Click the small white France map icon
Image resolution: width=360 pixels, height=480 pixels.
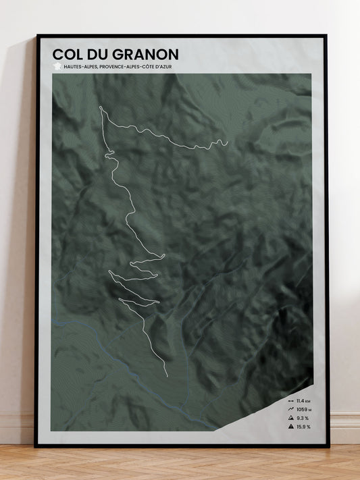click(x=56, y=66)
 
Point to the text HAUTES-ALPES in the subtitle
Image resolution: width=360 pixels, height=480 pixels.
click(x=80, y=66)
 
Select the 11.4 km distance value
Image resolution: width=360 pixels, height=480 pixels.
click(x=303, y=401)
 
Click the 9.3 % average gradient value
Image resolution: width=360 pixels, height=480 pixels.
click(x=302, y=418)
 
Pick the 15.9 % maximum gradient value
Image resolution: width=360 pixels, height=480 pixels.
click(x=303, y=427)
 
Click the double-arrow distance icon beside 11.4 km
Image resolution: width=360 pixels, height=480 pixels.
click(x=290, y=401)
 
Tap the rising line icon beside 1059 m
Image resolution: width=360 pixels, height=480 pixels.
click(x=290, y=409)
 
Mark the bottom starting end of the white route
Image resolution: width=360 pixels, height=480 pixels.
click(x=166, y=376)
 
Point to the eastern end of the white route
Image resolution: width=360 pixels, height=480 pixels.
click(x=227, y=142)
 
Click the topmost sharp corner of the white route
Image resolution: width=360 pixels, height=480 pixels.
click(x=101, y=107)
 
